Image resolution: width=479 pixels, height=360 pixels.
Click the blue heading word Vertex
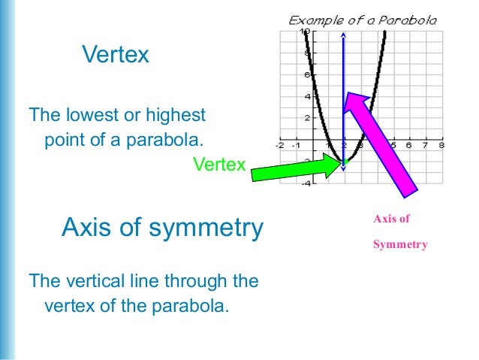pyautogui.click(x=115, y=55)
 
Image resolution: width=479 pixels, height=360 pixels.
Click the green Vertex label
pyautogui.click(x=218, y=164)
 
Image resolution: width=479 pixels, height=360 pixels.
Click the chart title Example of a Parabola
pyautogui.click(x=363, y=20)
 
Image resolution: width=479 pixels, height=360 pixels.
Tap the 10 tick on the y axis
pyautogui.click(x=304, y=32)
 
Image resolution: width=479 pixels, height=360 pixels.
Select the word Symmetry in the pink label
pyautogui.click(x=400, y=244)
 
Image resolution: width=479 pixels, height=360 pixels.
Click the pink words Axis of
pyautogui.click(x=391, y=219)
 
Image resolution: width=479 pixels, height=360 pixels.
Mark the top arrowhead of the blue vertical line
pyautogui.click(x=344, y=35)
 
